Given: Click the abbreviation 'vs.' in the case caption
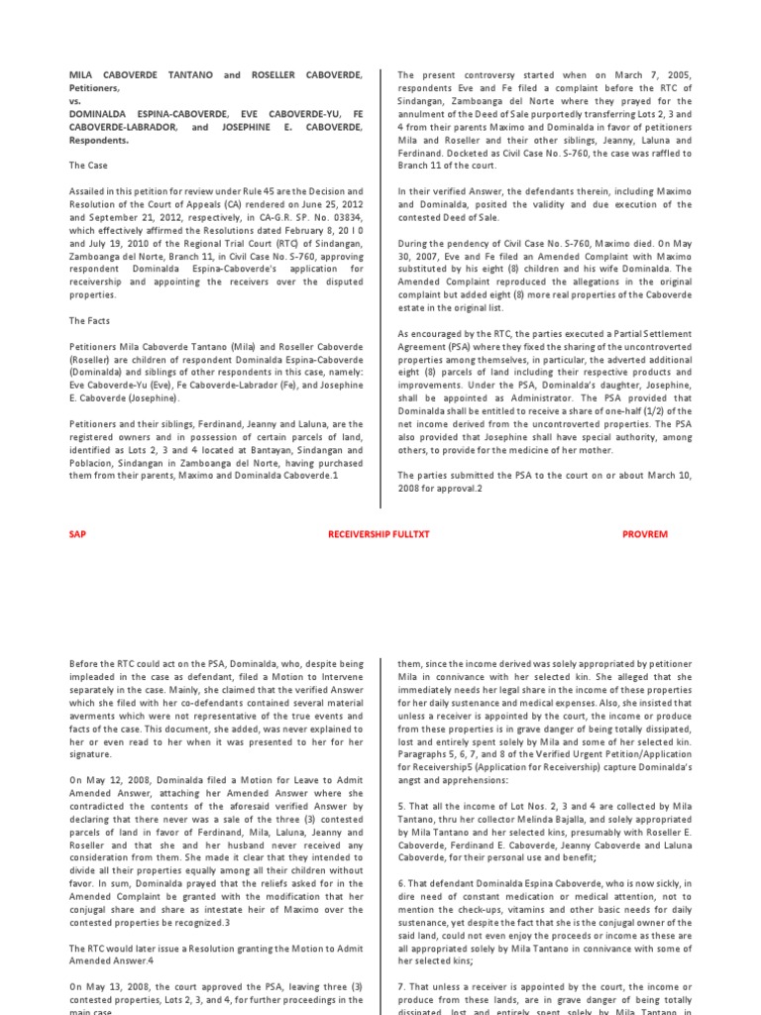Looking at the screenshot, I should [74, 100].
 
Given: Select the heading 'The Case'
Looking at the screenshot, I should [88, 166].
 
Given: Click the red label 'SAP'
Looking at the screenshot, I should [77, 534].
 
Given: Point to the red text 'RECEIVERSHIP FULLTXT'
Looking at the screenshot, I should [380, 534].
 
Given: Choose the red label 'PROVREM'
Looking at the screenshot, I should [645, 534].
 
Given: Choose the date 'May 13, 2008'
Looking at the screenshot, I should [111, 986].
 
